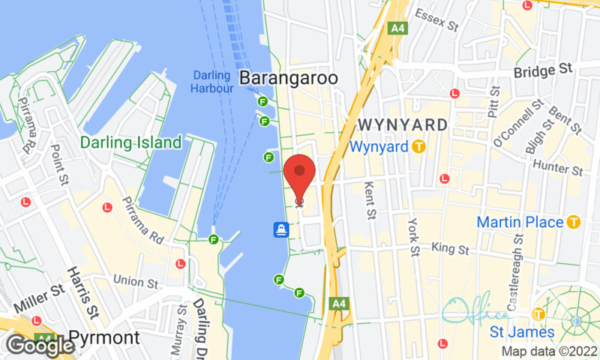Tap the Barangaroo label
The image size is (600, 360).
coord(289,78)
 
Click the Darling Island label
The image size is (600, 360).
coord(131,142)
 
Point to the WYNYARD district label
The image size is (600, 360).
coord(403,124)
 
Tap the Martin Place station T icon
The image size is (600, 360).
coord(574,222)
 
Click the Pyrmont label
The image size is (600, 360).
coord(104,337)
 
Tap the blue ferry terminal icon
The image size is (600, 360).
coord(282,229)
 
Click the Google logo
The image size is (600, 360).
coord(39,345)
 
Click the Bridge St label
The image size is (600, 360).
coord(544,71)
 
